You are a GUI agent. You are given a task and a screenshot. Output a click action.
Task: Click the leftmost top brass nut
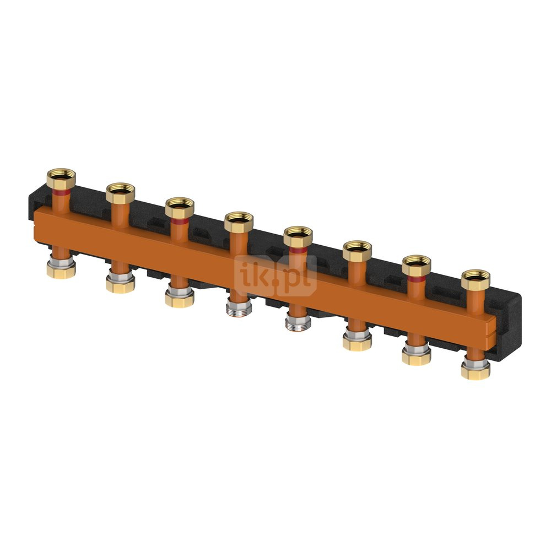[x=61, y=179]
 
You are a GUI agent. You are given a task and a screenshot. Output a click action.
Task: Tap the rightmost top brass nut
[x=476, y=279]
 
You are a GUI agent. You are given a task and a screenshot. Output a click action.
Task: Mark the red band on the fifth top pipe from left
[x=298, y=250]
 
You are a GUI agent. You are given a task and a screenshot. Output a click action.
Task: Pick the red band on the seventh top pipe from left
[x=417, y=279]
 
